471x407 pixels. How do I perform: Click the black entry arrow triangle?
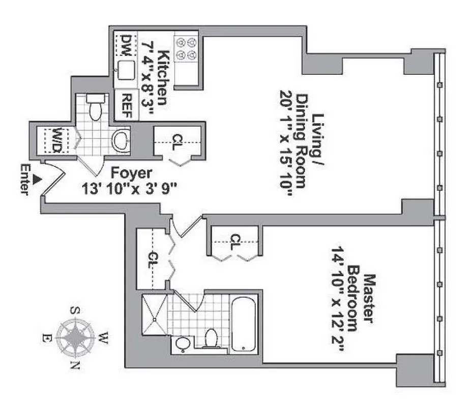(36, 179)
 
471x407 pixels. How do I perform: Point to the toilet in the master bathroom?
(211, 338)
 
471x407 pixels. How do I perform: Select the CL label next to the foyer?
(178, 138)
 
